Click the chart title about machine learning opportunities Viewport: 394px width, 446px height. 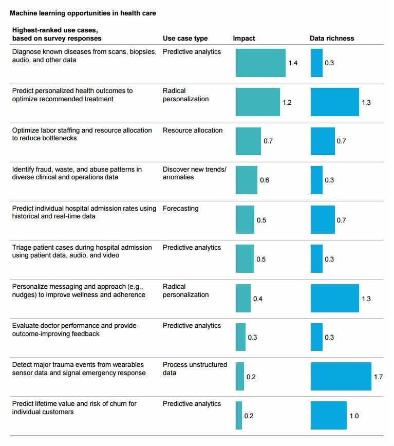[83, 13]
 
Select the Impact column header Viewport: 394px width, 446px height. [243, 39]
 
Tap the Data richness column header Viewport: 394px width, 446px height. [331, 39]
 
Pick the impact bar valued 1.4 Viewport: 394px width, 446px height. [260, 63]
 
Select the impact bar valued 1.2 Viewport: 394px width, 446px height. [257, 102]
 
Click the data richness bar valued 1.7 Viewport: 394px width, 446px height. [341, 376]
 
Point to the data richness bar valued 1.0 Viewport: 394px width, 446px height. [329, 415]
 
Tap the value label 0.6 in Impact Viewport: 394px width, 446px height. [265, 180]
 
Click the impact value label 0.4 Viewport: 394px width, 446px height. [257, 299]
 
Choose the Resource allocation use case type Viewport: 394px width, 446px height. [193, 131]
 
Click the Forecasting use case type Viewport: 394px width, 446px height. [180, 209]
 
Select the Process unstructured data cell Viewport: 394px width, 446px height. [195, 368]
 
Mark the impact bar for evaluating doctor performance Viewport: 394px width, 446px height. [240, 337]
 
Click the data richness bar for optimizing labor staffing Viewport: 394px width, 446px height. [323, 141]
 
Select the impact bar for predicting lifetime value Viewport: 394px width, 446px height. [239, 415]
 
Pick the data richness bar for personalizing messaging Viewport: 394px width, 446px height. [334, 298]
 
